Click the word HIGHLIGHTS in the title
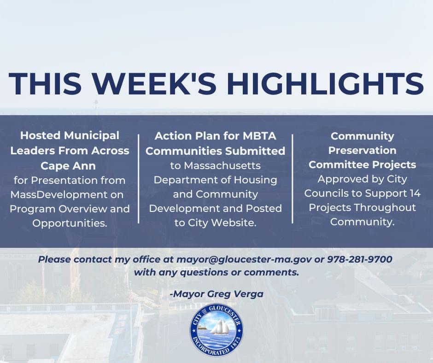(x=325, y=83)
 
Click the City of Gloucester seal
(x=216, y=330)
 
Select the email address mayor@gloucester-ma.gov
(x=244, y=259)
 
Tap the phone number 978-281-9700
(x=360, y=259)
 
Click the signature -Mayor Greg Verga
(x=216, y=294)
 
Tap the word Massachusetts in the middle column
(x=215, y=165)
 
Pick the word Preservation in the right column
(x=363, y=150)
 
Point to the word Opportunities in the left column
(x=70, y=223)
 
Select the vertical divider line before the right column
(x=293, y=179)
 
